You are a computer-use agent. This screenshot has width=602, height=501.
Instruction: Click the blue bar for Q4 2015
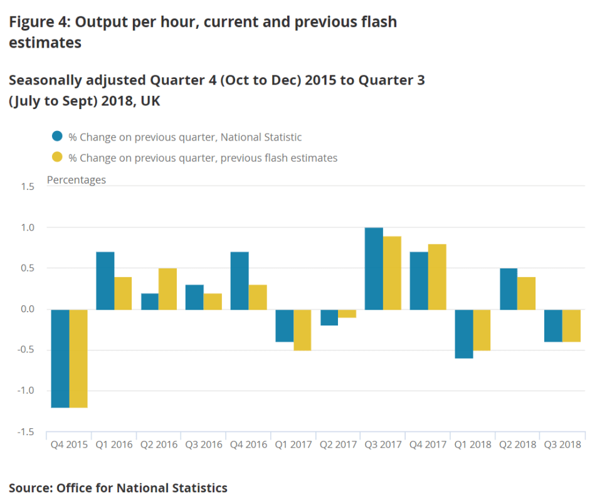[60, 358]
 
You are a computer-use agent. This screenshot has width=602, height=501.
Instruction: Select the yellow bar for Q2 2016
[168, 289]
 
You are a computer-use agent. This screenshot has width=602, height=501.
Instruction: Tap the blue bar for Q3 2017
[374, 268]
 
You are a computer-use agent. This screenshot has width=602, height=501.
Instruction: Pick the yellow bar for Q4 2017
[437, 277]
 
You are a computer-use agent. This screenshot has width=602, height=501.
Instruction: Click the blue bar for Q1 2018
[464, 334]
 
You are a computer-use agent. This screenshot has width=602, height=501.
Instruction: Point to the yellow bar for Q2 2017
[348, 314]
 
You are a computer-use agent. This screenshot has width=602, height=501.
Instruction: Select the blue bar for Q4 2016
[240, 281]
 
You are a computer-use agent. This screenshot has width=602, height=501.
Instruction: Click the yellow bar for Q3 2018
[572, 325]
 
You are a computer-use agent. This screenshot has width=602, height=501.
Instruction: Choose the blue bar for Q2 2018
[509, 289]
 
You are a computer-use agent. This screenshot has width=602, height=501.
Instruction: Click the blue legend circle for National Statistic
[57, 137]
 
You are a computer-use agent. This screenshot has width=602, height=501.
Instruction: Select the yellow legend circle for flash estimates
[57, 157]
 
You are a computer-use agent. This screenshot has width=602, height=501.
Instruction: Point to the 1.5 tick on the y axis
[26, 186]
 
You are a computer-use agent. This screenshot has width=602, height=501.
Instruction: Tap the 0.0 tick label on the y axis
[26, 309]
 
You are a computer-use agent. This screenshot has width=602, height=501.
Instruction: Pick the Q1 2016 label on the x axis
[114, 445]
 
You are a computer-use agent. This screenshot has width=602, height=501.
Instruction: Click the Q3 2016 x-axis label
[204, 445]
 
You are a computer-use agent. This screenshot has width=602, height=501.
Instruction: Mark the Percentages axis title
[77, 180]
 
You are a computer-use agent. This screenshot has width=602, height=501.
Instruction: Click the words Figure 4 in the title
[39, 22]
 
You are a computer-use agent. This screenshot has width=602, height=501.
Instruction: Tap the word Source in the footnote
[29, 487]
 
